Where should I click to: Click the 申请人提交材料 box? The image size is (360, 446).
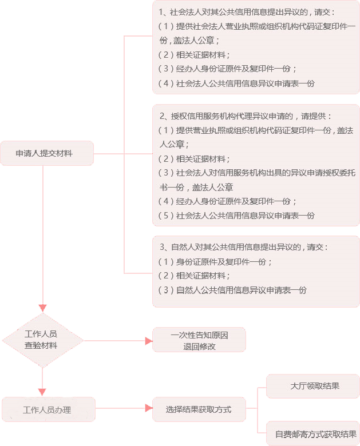(47, 153)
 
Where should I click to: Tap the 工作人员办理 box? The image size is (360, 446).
(48, 409)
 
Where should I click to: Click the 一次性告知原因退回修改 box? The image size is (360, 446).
(199, 340)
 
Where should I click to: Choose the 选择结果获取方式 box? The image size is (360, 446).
(199, 409)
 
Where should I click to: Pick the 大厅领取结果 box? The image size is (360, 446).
(313, 386)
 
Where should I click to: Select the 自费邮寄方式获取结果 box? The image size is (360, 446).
(313, 434)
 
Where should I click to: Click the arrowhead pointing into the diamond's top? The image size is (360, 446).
(43, 307)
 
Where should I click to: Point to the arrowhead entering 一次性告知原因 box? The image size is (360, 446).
(148, 341)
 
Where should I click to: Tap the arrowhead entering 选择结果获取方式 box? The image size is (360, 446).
(148, 409)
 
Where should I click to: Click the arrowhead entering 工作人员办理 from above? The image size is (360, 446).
(43, 392)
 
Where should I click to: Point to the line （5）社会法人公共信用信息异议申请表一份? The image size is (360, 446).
(236, 216)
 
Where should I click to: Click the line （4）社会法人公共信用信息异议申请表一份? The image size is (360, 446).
(236, 83)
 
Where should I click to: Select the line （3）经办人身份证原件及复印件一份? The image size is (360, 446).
(228, 69)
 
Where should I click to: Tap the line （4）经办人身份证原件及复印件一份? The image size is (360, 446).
(228, 201)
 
